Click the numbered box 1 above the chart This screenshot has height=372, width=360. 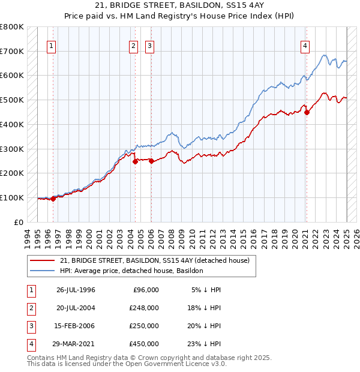click(x=52, y=46)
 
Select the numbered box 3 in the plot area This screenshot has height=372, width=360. click(x=149, y=46)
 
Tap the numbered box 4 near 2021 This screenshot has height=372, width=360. click(x=305, y=46)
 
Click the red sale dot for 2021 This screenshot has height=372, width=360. click(x=307, y=112)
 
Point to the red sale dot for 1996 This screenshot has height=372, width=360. click(x=53, y=199)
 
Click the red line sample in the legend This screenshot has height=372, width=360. click(x=43, y=260)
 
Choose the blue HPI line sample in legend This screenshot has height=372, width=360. click(x=43, y=271)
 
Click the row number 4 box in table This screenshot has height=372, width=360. click(x=31, y=344)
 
